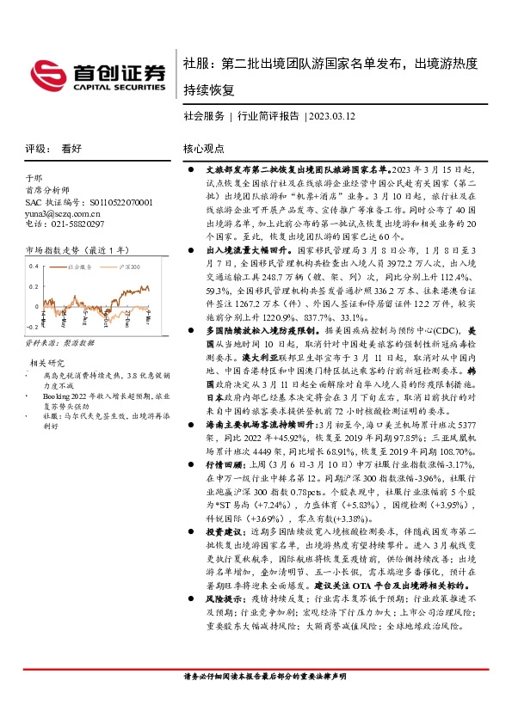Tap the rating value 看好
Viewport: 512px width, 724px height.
71,148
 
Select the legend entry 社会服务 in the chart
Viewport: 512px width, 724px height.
78,267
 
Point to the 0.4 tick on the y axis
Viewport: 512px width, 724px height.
34,266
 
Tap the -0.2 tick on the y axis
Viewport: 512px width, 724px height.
32,328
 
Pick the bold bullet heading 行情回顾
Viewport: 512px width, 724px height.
228,438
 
